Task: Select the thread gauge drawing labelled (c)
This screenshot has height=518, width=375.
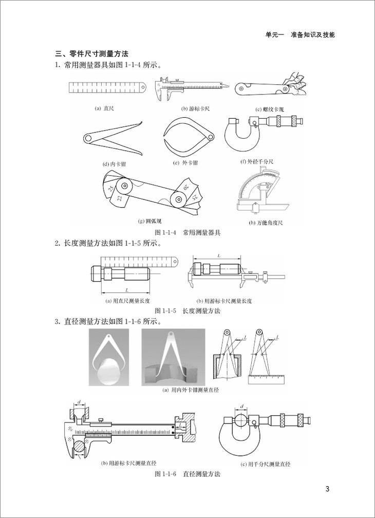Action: pyautogui.click(x=270, y=87)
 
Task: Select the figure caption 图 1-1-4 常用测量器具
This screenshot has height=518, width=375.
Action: pyautogui.click(x=188, y=233)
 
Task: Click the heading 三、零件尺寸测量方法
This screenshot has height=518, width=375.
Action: pyautogui.click(x=92, y=53)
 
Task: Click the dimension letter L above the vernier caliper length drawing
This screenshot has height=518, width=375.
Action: pyautogui.click(x=219, y=255)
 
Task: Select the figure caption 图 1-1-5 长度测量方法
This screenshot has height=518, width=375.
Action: pyautogui.click(x=188, y=311)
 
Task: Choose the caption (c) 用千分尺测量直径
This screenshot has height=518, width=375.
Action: pyautogui.click(x=266, y=464)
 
